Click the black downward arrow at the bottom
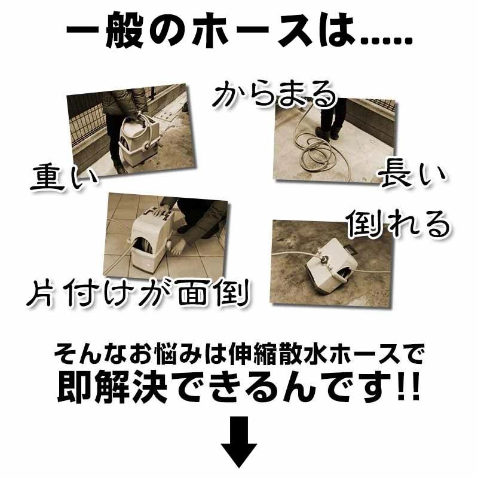(x=238, y=442)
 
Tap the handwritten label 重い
(x=64, y=177)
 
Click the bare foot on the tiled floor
(x=177, y=244)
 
